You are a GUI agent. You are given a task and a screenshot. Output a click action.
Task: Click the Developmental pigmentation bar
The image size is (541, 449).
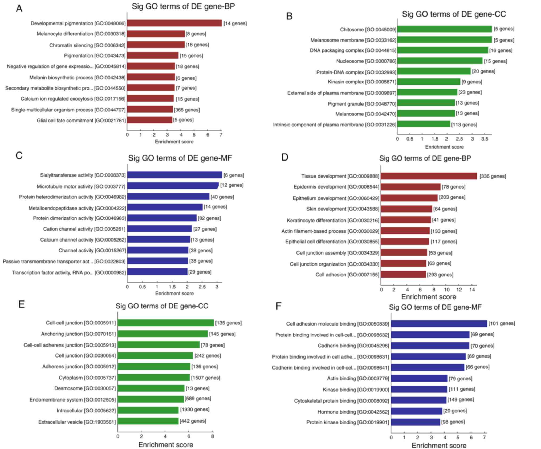click(174, 23)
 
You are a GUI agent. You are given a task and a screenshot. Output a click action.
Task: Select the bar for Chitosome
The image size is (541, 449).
click(444, 29)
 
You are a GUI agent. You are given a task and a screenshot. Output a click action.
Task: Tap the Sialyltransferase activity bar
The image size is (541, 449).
click(174, 175)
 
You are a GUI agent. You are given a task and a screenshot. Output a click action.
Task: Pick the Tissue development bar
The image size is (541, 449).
click(429, 176)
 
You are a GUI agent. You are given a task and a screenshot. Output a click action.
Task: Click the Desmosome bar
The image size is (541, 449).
click(151, 388)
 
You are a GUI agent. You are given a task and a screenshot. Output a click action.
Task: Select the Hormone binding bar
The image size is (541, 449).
click(417, 411)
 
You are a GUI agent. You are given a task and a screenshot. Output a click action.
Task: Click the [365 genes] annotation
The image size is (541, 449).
click(187, 110)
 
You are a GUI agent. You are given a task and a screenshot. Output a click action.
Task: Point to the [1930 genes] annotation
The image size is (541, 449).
click(195, 409)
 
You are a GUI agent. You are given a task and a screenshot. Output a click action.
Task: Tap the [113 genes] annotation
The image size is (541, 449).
click(464, 125)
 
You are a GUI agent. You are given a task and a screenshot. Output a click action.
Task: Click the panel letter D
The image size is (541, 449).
click(285, 157)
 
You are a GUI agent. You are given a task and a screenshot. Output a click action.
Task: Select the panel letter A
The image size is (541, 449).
click(19, 9)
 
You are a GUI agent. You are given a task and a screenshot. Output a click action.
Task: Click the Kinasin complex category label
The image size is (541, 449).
click(362, 82)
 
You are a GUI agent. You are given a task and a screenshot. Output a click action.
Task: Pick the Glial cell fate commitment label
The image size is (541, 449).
click(81, 121)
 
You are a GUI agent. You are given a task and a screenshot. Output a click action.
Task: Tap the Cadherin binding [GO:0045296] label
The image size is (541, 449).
click(353, 346)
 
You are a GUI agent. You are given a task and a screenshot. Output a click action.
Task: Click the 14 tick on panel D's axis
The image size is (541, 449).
click(472, 290)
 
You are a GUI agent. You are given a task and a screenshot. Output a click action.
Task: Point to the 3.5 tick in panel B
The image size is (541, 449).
click(485, 139)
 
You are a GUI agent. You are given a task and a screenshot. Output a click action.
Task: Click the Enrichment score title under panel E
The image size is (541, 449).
click(166, 444)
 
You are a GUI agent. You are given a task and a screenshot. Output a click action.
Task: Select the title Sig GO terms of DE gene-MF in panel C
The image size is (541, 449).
click(180, 158)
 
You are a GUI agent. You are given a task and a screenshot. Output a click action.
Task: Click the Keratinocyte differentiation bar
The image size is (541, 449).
click(406, 220)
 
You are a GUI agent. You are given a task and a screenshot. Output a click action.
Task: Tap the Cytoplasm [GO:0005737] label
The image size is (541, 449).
click(87, 378)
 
